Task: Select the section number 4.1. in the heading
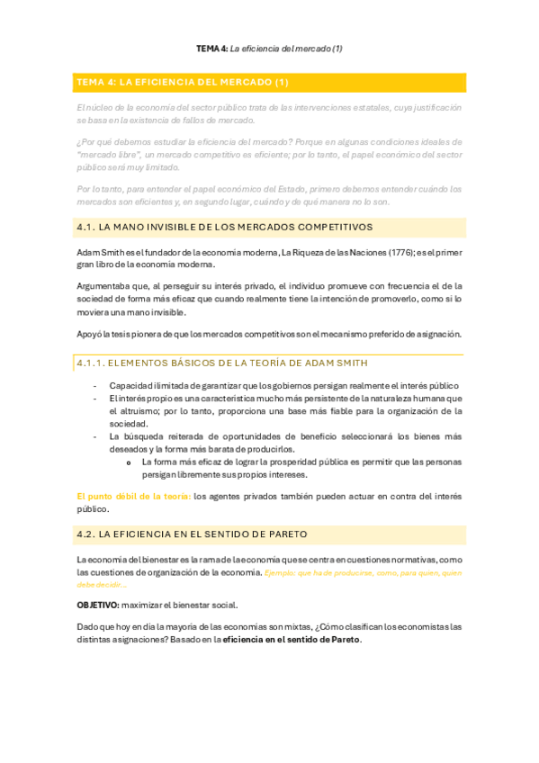(86, 228)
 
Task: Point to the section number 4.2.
(86, 534)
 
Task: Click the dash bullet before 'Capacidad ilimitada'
(96, 385)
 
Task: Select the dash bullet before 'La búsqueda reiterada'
(96, 436)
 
